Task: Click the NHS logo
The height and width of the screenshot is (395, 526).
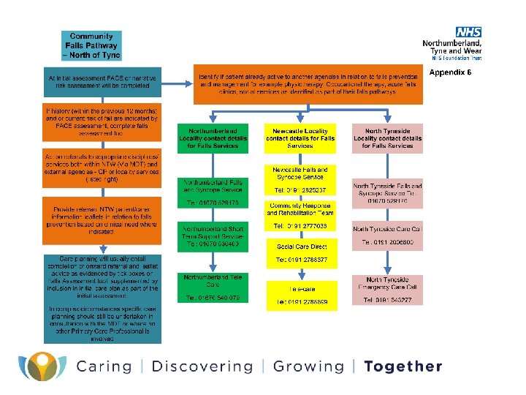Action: (469, 32)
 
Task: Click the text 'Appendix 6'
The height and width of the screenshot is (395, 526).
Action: (450, 72)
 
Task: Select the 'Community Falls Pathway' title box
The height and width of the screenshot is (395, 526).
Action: (91, 46)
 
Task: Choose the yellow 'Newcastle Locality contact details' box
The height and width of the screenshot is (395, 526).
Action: (300, 137)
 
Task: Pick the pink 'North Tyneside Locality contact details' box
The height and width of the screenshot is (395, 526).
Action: (387, 137)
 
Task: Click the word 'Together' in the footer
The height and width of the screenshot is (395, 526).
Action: (403, 366)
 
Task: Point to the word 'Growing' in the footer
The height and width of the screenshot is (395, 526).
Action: (308, 366)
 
